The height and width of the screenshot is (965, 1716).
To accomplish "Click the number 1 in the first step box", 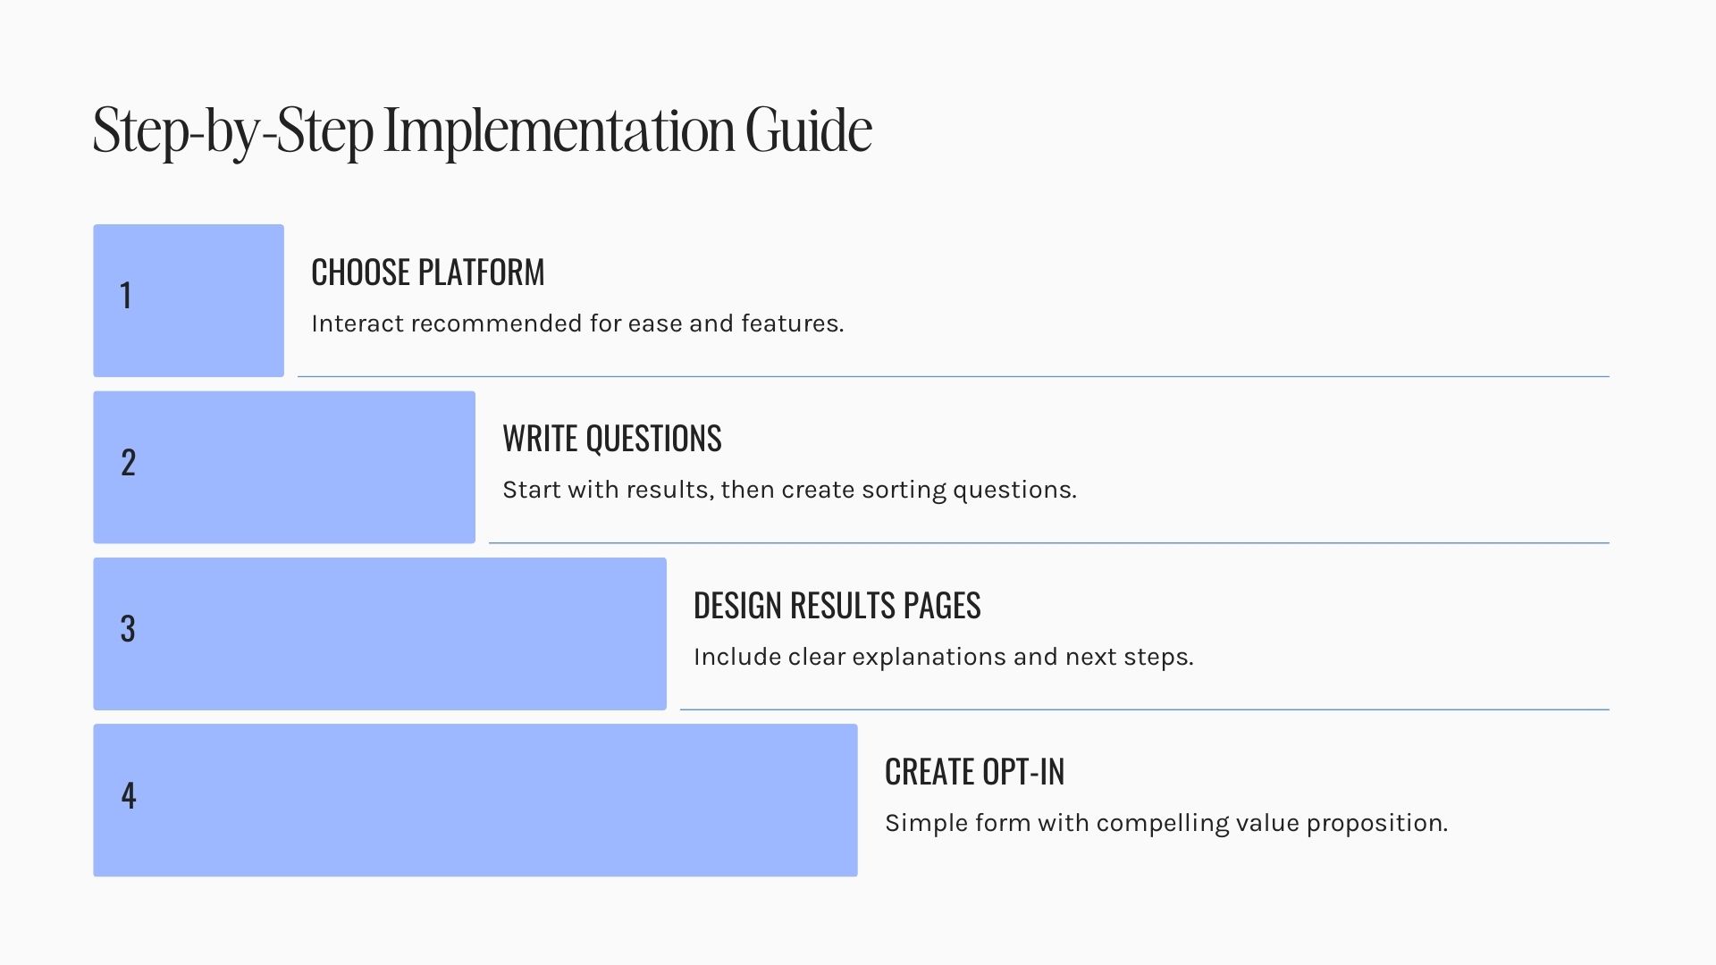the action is (126, 296).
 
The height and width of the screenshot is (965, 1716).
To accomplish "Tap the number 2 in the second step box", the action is (128, 463).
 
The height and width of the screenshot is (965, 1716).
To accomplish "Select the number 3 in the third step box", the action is (128, 629).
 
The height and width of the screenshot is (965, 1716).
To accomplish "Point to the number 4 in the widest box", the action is (129, 796).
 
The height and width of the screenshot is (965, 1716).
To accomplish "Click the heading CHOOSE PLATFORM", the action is (428, 273).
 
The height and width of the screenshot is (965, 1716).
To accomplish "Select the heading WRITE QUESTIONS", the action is (612, 439).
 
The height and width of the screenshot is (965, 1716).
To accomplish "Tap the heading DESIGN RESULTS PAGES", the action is (837, 606).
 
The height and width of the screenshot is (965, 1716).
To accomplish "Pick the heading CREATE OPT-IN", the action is (975, 772).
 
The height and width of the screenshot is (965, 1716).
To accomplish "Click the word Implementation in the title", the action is (559, 131).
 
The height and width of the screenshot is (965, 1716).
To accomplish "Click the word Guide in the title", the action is (809, 130).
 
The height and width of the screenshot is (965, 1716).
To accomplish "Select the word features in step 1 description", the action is (793, 323).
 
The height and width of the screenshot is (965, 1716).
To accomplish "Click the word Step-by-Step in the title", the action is (233, 131).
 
